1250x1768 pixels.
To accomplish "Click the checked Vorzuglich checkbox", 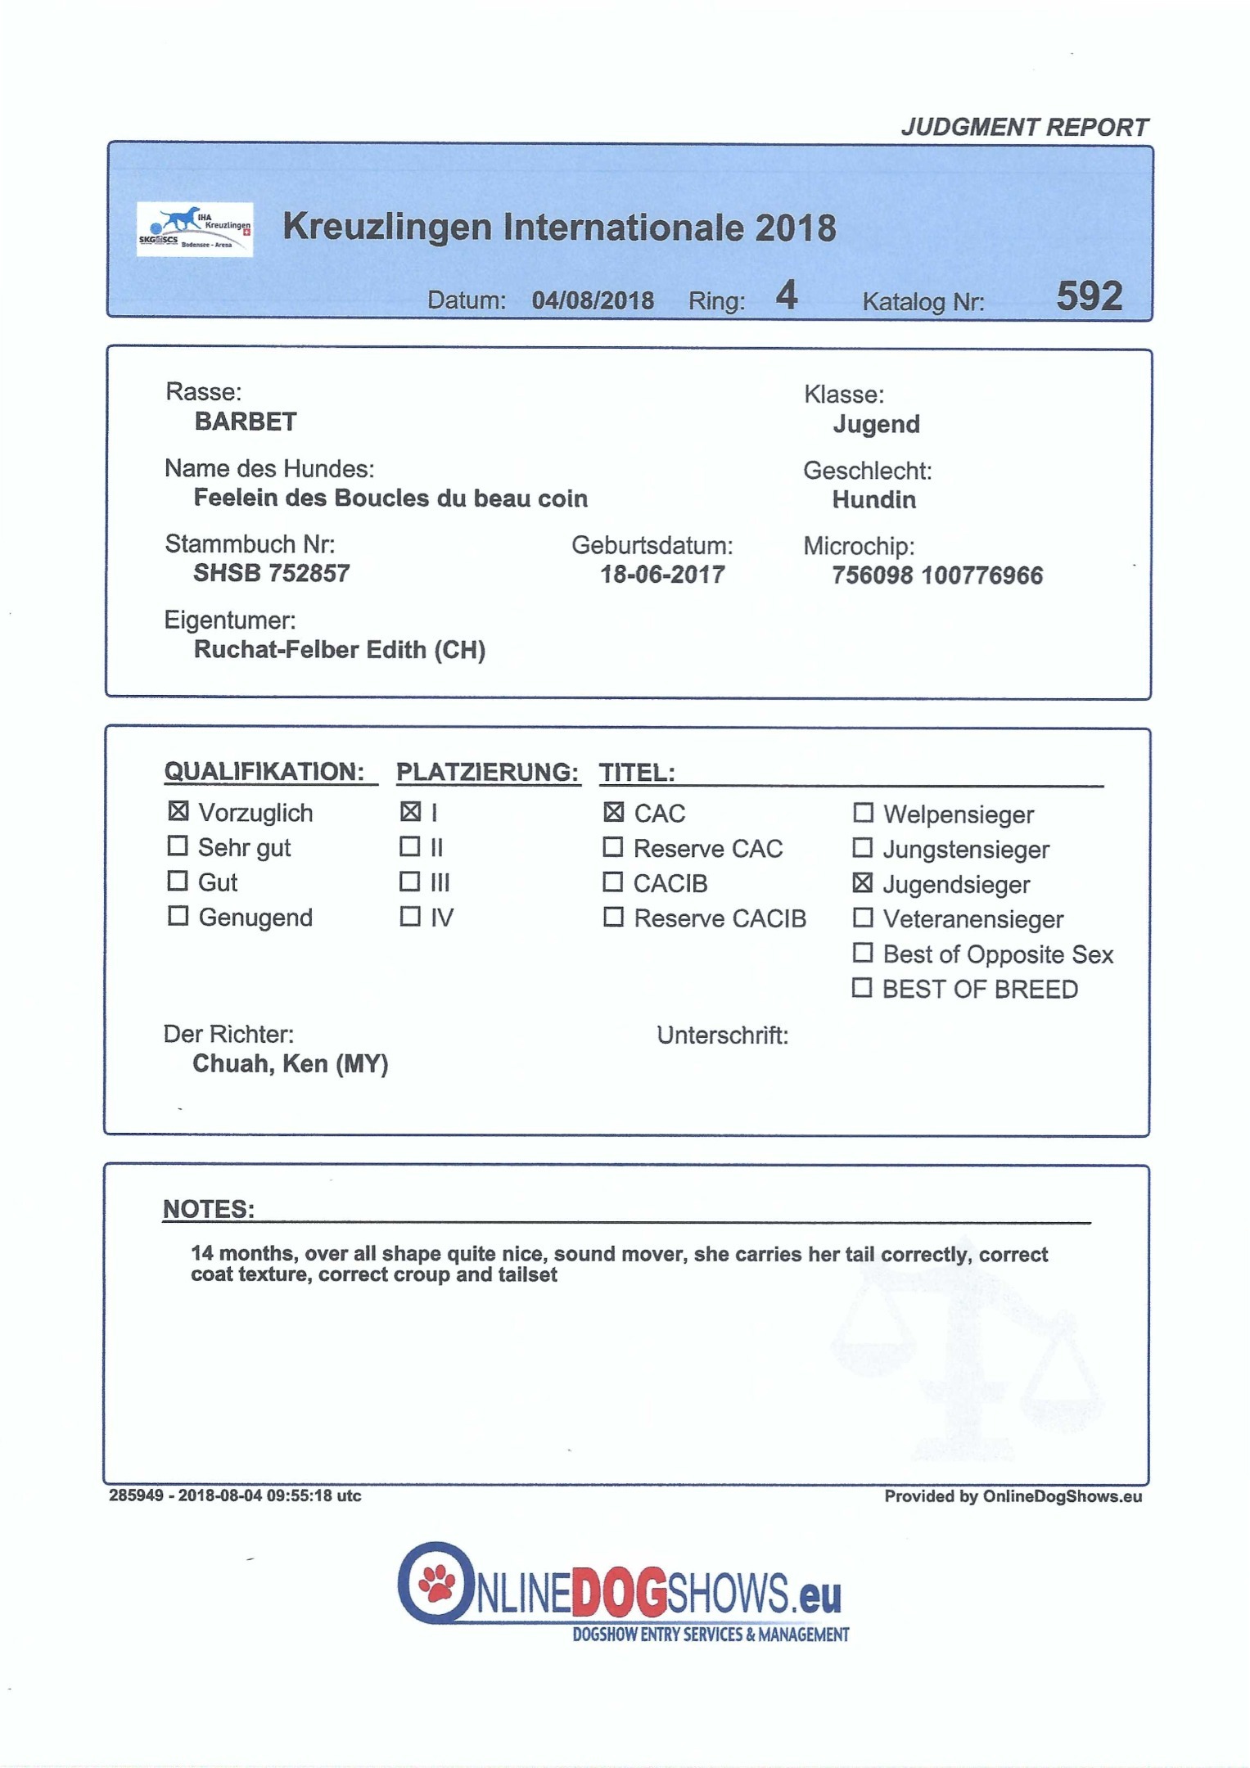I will point(178,811).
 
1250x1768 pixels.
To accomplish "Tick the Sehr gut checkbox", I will point(178,846).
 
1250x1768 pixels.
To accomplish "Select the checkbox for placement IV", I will point(409,916).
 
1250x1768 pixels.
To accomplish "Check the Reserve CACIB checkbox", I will point(613,918).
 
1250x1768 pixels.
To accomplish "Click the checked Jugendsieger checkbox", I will point(862,883).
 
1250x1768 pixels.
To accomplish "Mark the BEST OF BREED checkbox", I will point(862,988).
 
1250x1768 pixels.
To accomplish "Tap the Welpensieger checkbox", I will point(863,813).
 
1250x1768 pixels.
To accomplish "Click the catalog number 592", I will point(1089,296).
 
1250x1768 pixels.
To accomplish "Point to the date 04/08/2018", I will point(593,300).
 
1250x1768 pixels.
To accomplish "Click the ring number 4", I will point(787,295).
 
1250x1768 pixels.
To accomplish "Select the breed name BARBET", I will point(246,422).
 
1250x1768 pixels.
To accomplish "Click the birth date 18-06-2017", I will point(662,575).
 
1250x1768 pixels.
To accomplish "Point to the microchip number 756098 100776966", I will point(937,575).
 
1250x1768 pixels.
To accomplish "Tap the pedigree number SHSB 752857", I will point(271,573).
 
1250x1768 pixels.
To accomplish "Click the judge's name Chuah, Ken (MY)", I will point(290,1063).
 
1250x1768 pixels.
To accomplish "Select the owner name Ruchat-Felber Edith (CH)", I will point(340,650).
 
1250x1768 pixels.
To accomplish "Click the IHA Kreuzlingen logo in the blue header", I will point(195,229).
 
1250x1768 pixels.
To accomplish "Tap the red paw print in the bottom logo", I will point(436,1587).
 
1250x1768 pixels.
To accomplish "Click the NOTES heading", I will point(209,1209).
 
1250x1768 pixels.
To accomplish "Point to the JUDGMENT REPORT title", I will point(1024,128).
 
